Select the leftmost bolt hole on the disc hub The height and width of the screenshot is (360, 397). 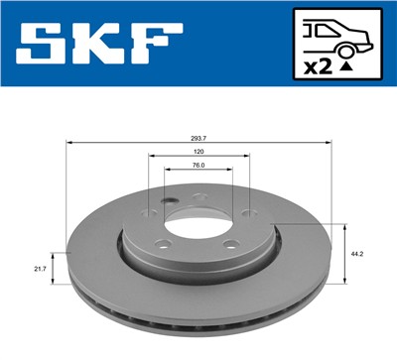tap(149, 212)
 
